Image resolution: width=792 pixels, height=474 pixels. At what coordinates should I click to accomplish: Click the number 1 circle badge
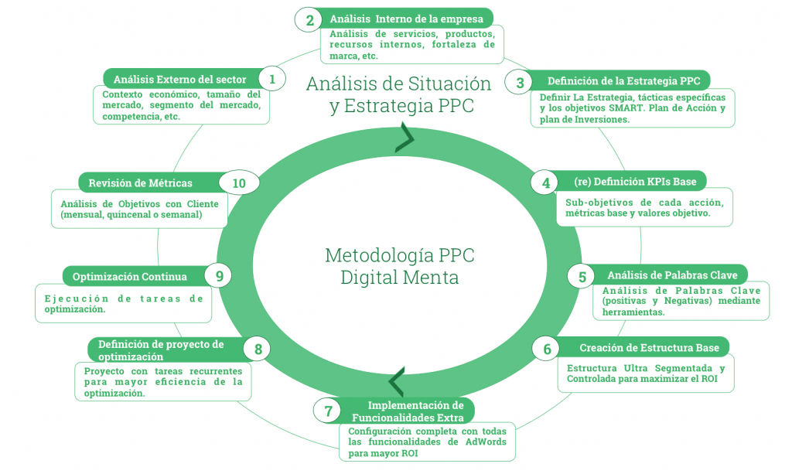272,79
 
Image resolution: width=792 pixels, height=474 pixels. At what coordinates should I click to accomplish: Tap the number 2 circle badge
309,21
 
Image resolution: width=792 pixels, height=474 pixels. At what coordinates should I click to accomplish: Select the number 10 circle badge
239,183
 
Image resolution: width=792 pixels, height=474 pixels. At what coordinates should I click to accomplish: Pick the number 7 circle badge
328,411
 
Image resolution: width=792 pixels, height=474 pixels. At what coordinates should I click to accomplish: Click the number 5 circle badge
582,276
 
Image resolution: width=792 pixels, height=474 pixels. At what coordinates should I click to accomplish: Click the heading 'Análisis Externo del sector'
179,79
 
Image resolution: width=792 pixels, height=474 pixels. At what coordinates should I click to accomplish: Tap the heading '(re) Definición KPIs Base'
635,182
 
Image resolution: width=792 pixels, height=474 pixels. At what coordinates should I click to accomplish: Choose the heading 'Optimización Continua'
129,276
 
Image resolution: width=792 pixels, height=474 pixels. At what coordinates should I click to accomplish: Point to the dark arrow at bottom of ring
396,382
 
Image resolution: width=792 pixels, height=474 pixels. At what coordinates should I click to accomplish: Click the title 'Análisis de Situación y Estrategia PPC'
398,94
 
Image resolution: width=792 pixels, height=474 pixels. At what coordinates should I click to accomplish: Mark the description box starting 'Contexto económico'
181,105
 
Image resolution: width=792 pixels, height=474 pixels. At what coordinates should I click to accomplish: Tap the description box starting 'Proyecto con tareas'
162,382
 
